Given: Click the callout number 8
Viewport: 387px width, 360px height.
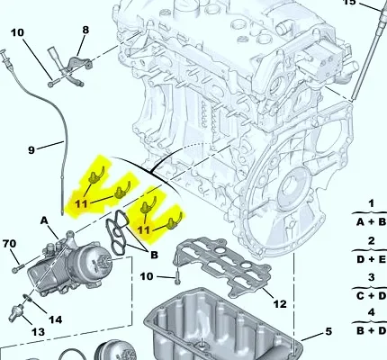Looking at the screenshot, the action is coord(85,30).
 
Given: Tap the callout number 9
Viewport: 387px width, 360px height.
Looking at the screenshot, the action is coord(31,149).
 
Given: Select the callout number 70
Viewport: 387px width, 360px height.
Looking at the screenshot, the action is coord(9,244).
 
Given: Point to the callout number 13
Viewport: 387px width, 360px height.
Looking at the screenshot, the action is coord(38,332).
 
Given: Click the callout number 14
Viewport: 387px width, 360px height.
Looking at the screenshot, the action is coord(56,319).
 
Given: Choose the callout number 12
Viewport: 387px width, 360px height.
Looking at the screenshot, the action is coord(280,304).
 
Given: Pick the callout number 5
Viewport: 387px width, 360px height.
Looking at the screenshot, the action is coord(328,331).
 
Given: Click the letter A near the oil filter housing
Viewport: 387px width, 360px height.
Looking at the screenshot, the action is coord(44,220).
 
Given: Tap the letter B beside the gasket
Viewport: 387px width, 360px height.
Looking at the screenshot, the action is coord(154,255).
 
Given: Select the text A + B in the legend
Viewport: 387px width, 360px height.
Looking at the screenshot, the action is coord(371,222).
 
